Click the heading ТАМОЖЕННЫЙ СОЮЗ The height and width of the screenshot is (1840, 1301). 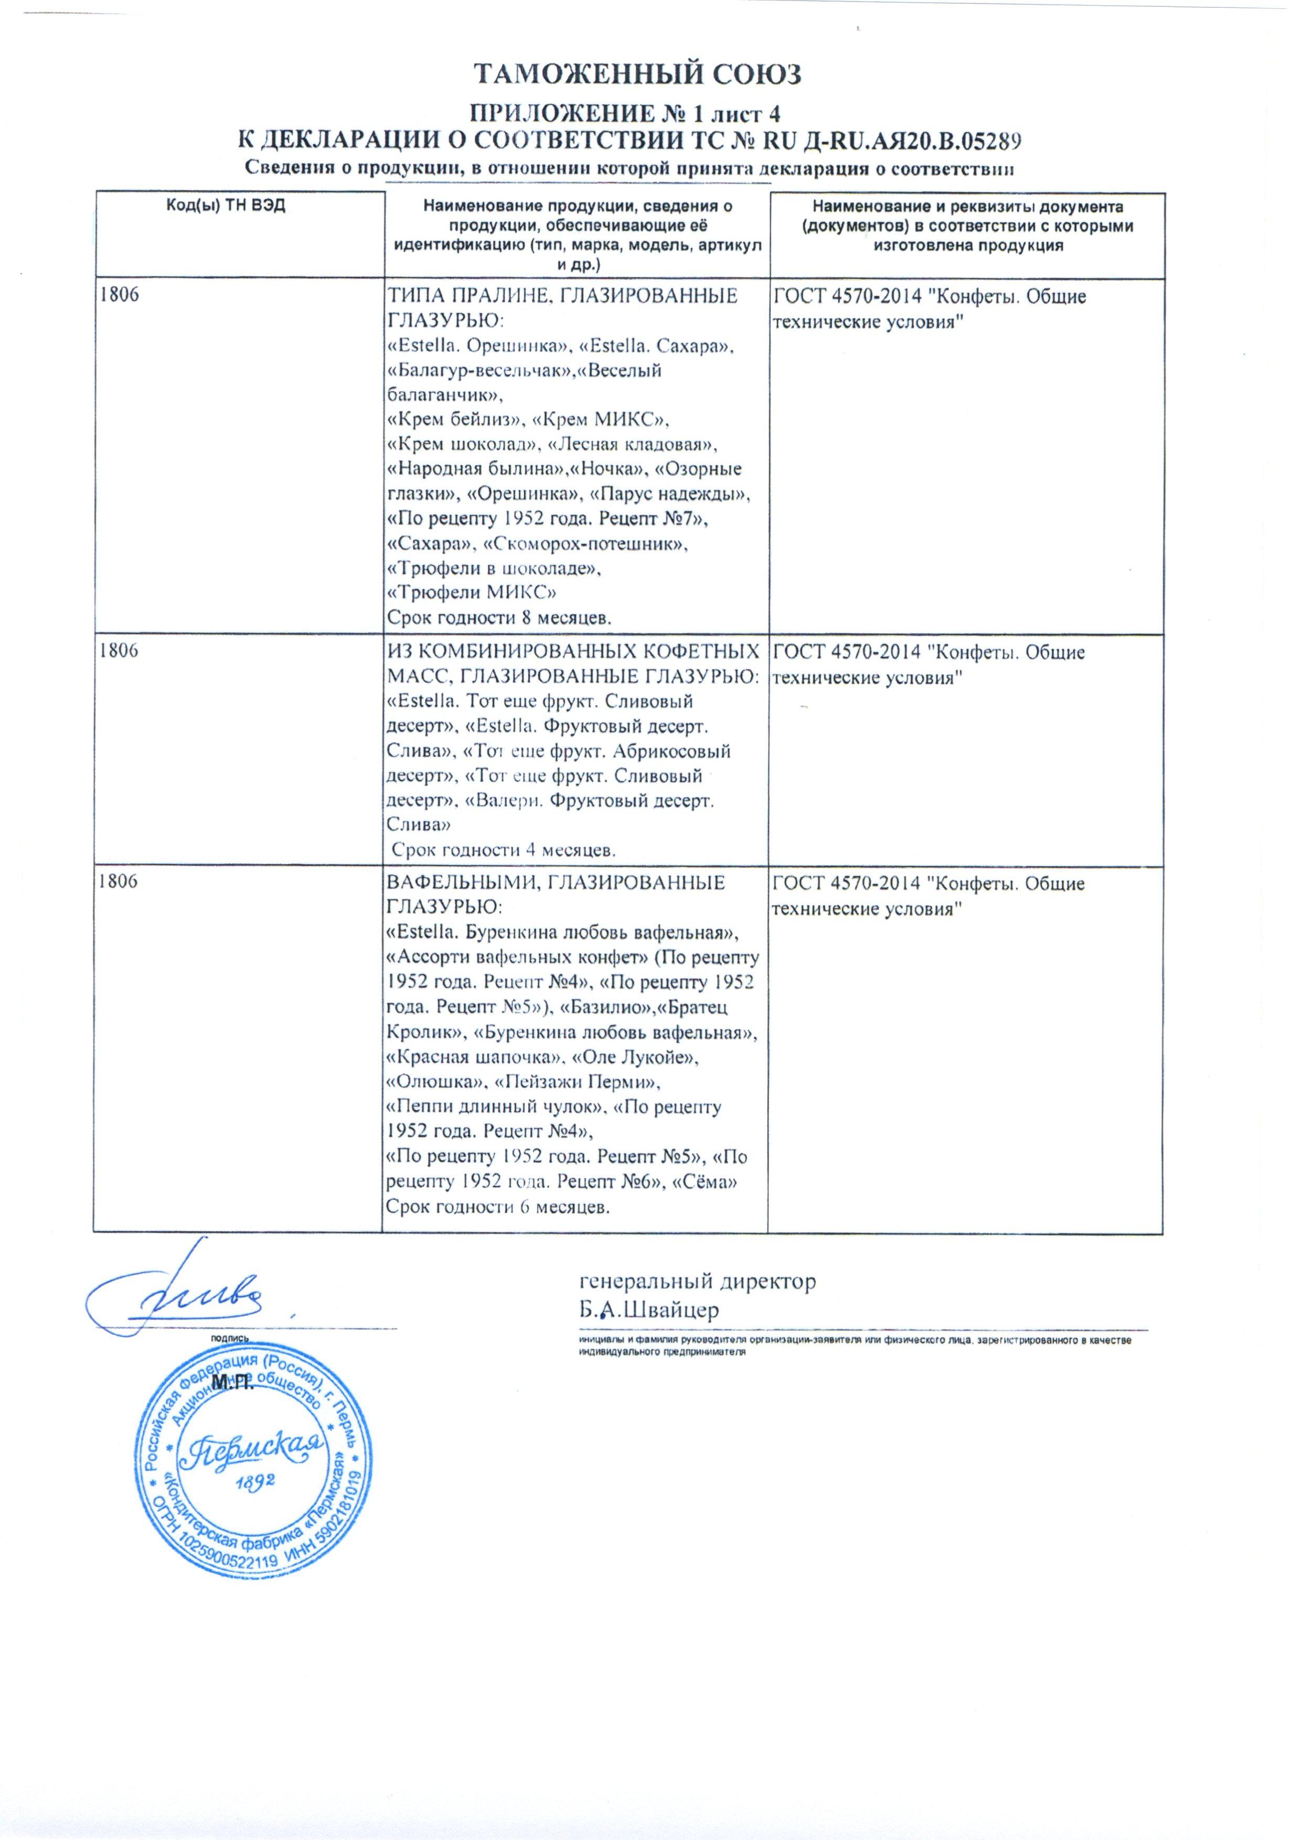click(639, 74)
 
